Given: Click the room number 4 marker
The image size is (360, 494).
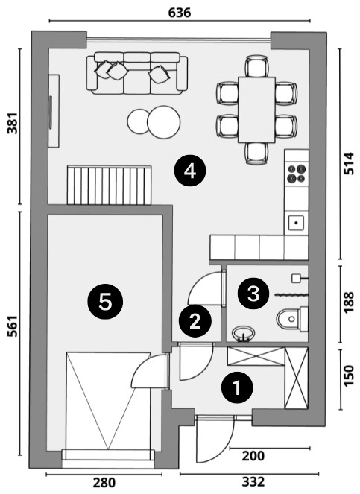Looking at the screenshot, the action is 190,171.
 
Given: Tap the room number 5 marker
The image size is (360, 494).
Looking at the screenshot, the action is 105,302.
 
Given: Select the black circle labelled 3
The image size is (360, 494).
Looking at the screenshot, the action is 253,294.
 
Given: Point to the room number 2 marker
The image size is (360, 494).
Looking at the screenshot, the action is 195,321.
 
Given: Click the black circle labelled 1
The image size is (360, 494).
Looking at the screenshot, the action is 237,387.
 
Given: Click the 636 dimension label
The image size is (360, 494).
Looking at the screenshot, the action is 180,13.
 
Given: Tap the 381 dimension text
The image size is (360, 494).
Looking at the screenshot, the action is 13,123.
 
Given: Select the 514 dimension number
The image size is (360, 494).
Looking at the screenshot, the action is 349,163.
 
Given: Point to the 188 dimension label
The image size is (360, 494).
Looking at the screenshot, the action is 349,303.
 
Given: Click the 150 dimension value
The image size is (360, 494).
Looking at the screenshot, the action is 349,376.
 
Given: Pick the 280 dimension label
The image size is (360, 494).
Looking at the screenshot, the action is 104,483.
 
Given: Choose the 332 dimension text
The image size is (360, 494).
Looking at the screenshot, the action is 253,482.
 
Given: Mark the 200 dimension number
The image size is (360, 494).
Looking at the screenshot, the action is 253,456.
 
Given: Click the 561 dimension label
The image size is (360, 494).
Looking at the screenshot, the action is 13,326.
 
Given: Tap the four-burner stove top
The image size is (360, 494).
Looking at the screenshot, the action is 297,174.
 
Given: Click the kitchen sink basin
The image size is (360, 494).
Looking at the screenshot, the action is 296,223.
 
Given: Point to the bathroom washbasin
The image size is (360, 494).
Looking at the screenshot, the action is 243,334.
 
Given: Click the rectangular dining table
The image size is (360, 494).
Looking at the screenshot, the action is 256,110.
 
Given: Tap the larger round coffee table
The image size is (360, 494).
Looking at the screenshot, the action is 164,121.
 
